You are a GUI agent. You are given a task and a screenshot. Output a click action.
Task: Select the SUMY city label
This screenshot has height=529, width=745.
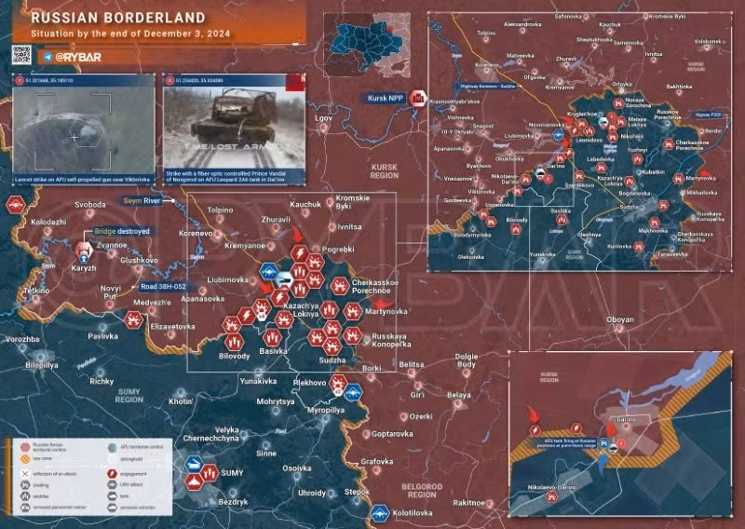231,474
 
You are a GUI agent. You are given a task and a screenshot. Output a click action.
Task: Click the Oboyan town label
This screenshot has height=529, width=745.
619,320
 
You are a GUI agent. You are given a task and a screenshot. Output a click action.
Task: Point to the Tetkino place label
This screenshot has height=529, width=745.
37,291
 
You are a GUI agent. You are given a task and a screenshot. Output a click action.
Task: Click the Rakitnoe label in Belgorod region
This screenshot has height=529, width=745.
469,502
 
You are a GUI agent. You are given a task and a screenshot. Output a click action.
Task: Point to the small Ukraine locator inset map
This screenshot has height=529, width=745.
367,44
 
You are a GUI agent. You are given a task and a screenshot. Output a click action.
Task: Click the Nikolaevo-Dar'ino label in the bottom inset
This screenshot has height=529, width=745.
550,486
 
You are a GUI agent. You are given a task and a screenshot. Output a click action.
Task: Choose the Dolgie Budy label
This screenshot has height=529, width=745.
467,360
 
